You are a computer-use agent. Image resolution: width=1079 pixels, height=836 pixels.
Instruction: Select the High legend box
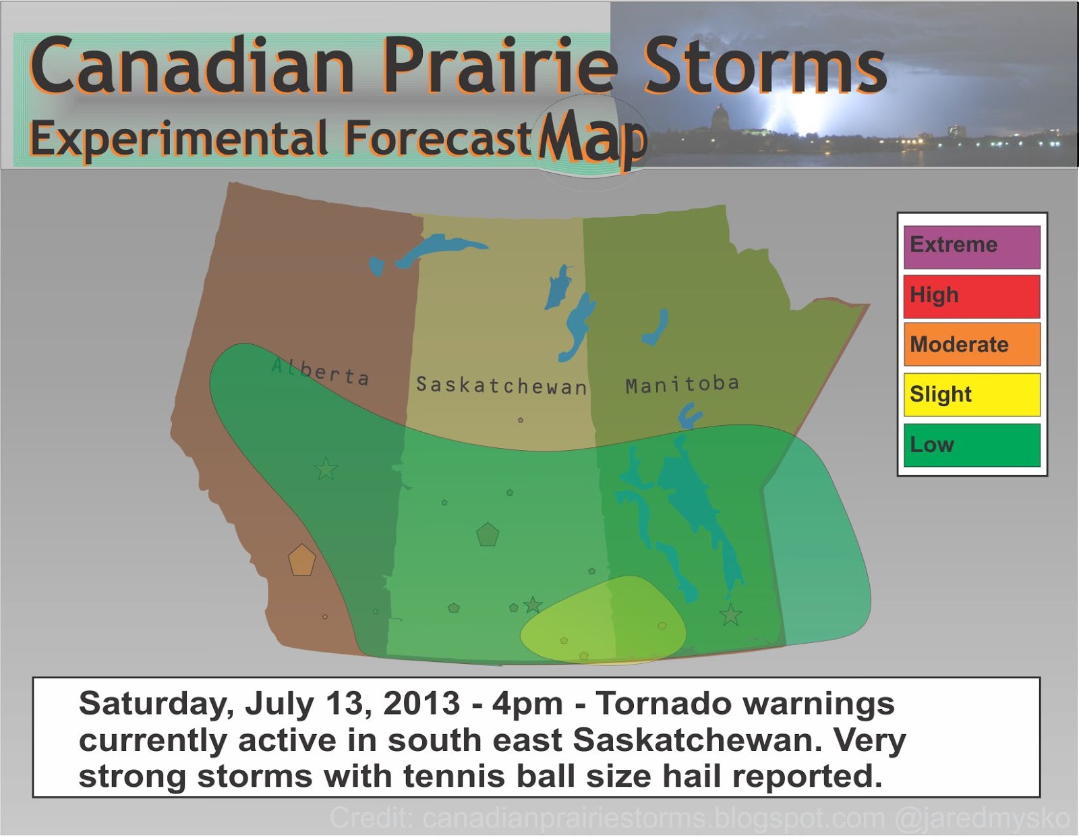[x=972, y=296]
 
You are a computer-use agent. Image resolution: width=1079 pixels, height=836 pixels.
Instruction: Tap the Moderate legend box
[x=972, y=345]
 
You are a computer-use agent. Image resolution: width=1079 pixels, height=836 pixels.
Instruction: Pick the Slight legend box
[x=972, y=395]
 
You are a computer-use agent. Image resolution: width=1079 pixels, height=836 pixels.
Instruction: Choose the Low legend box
[x=972, y=445]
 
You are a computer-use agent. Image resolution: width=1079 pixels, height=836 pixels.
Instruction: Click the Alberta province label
[x=320, y=371]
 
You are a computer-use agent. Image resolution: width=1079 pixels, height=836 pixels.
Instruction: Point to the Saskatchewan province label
[x=501, y=385]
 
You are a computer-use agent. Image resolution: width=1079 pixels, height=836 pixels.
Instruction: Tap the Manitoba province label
[x=682, y=385]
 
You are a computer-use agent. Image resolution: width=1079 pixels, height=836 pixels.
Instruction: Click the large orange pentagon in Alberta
[x=301, y=560]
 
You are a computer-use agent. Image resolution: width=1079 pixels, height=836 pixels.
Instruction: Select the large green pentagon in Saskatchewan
[x=488, y=534]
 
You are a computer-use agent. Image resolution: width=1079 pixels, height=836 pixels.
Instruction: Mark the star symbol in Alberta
[x=326, y=469]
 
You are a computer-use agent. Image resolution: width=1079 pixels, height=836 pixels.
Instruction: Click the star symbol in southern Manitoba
[x=730, y=615]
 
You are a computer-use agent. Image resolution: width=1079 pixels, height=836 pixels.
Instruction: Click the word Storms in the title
[x=765, y=67]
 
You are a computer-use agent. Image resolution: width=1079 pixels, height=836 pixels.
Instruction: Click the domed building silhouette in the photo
[x=720, y=117]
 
